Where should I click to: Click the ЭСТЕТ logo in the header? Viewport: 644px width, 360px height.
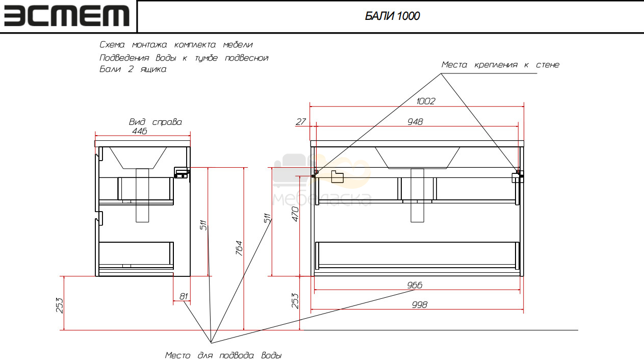click(x=66, y=16)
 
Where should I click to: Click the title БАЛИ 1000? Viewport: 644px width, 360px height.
click(x=392, y=16)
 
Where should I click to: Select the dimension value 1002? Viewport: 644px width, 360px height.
click(x=426, y=101)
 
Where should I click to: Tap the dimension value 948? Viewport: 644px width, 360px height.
click(x=415, y=122)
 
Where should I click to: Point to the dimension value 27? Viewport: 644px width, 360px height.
click(x=301, y=122)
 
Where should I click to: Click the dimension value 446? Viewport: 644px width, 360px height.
click(x=139, y=131)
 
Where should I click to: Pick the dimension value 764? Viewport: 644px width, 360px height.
click(x=239, y=248)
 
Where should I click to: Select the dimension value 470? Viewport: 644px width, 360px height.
click(x=295, y=214)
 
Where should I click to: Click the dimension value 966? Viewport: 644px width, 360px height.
click(x=415, y=285)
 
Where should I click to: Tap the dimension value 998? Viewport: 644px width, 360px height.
click(x=420, y=304)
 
